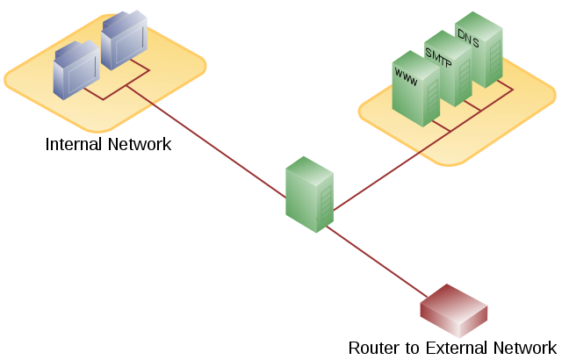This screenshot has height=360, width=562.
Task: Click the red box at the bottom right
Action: [x=453, y=311]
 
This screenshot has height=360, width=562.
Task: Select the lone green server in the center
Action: [x=309, y=194]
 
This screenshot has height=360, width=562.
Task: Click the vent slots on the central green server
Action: [x=326, y=205]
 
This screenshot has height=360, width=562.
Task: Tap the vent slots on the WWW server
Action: [x=432, y=104]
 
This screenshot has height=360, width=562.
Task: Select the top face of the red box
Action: [x=454, y=303]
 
